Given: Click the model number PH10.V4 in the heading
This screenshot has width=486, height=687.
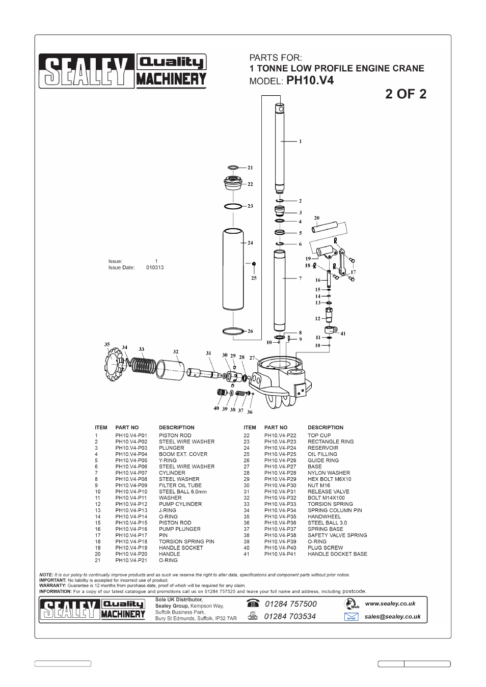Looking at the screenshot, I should tap(310, 80).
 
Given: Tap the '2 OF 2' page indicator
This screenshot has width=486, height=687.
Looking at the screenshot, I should tap(406, 94).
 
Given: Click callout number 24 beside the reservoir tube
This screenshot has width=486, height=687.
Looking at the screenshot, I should tap(250, 243).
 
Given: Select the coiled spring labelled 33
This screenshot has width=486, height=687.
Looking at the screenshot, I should tap(144, 366).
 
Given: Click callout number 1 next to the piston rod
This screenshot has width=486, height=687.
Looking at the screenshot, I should tap(300, 141).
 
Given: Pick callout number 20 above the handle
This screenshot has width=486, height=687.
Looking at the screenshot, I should tap(316, 218).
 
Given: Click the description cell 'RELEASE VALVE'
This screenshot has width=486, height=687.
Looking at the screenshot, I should tap(328, 492).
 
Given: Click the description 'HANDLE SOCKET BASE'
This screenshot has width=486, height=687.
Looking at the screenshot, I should tap(337, 554).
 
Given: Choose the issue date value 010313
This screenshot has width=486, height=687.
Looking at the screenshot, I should tap(155, 267).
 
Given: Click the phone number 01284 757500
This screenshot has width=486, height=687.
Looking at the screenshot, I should tap(290, 604).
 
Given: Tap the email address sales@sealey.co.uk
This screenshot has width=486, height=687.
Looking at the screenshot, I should tap(392, 617).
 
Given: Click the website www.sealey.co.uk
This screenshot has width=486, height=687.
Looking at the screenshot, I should tap(390, 603).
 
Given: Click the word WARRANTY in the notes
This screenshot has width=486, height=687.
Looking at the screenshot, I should tap(52, 586).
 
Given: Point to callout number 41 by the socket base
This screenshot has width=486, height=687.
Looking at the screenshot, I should tap(343, 334).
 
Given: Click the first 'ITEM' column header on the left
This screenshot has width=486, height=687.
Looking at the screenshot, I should tap(101, 428).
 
